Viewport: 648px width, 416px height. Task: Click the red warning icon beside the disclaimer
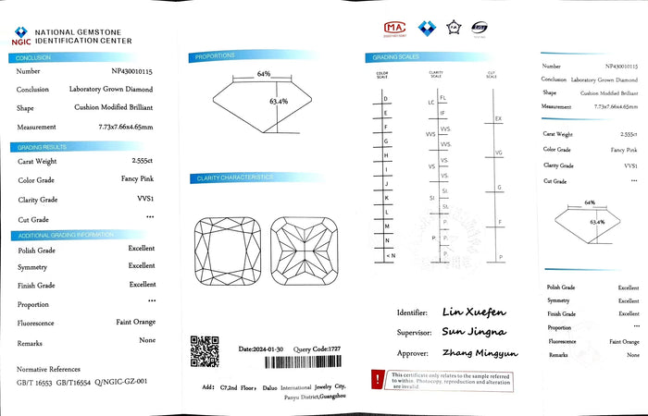378,378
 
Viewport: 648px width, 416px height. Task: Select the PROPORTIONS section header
215,57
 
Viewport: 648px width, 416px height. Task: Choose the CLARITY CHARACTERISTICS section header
233,177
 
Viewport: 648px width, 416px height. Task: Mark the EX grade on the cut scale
499,119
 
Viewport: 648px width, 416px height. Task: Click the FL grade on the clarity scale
442,97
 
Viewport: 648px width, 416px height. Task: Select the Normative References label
49,368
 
